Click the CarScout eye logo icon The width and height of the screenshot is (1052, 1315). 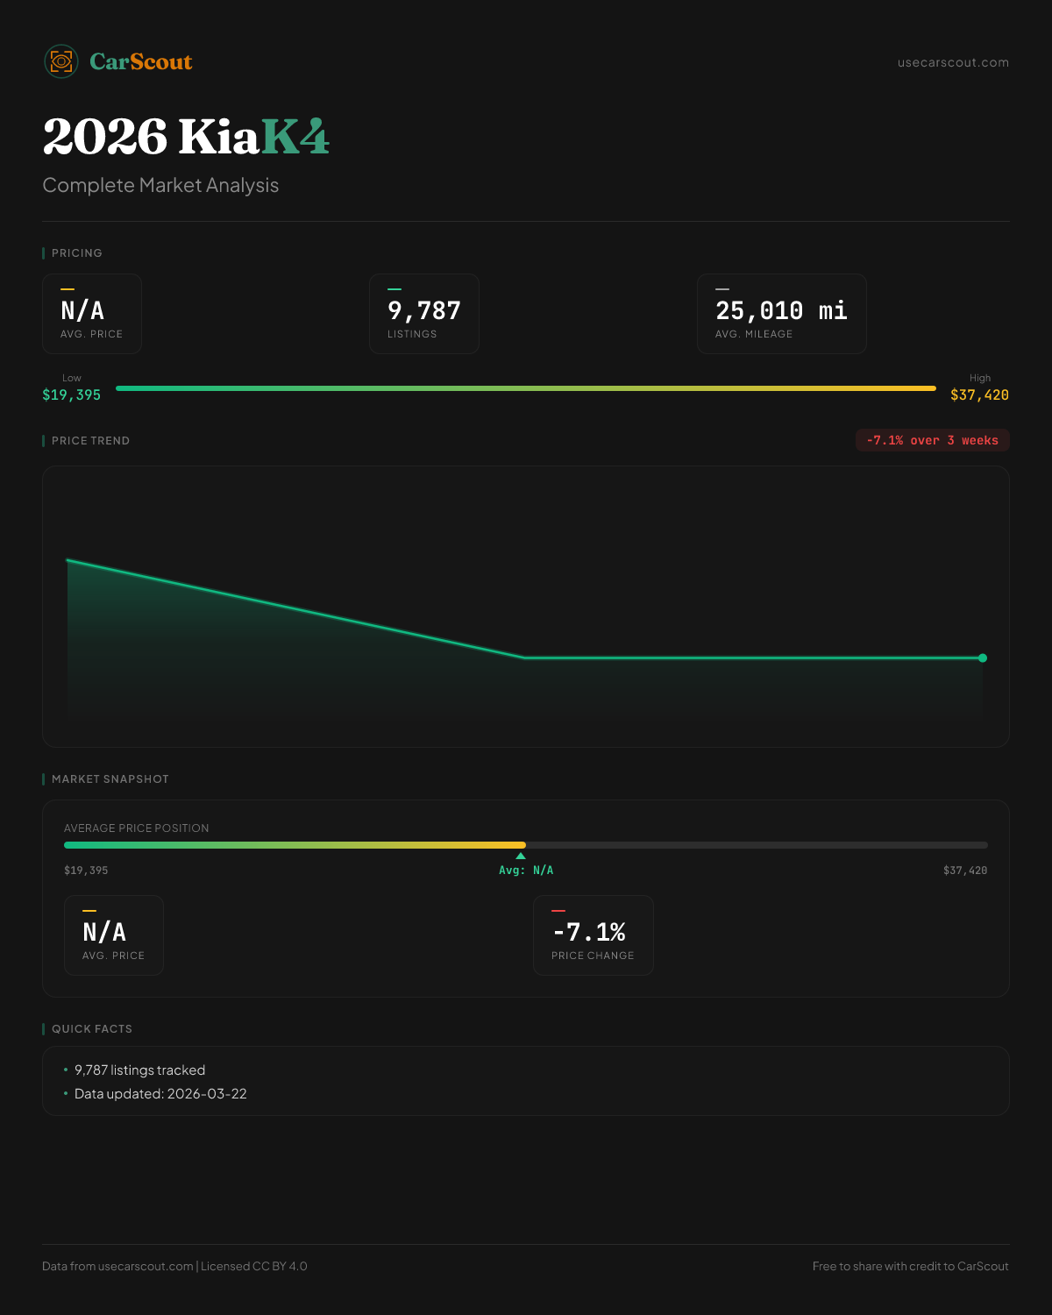(x=61, y=61)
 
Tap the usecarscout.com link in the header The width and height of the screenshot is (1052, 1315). (x=953, y=62)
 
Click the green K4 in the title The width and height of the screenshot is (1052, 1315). (x=295, y=137)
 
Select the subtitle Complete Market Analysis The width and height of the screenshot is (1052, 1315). (x=160, y=185)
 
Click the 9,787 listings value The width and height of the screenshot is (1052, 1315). (x=424, y=311)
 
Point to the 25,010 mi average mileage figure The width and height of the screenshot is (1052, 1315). (x=781, y=311)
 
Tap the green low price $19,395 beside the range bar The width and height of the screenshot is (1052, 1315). (x=72, y=394)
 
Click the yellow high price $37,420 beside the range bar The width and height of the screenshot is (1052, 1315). (x=979, y=394)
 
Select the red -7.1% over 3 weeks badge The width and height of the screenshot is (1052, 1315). (x=932, y=440)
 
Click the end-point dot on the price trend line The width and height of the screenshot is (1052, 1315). (x=983, y=657)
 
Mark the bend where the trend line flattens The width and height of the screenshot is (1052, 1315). (x=525, y=657)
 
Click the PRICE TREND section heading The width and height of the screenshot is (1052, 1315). (x=90, y=441)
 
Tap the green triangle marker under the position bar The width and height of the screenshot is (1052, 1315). (x=521, y=856)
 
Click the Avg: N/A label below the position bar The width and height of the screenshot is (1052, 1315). (x=526, y=871)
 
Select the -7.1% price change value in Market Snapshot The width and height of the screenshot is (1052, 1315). (x=589, y=932)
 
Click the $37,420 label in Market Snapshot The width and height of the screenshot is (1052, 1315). (x=965, y=871)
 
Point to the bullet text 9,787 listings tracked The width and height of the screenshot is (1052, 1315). (x=140, y=1070)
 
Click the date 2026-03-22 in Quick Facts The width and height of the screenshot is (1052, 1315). (x=207, y=1093)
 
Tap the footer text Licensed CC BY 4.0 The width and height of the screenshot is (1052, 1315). (x=254, y=1266)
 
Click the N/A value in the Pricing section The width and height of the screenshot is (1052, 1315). (x=82, y=311)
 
